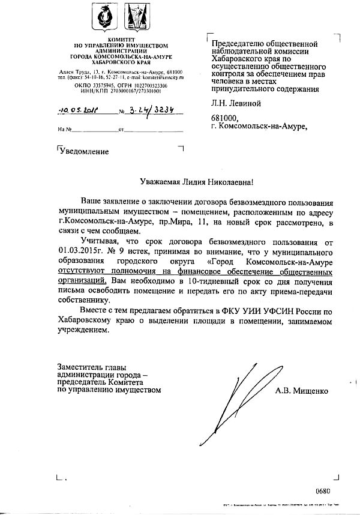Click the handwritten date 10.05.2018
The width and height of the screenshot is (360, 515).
click(x=79, y=110)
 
